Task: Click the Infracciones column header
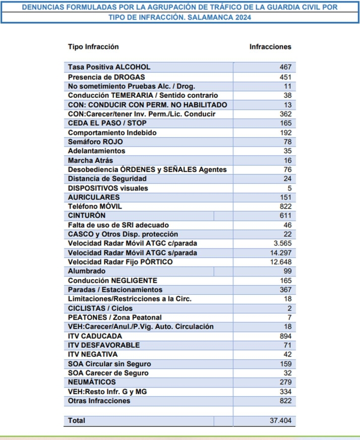tap(270, 47)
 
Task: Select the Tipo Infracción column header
tap(93, 47)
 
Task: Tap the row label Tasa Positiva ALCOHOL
tap(109, 67)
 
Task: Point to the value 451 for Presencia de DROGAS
tap(286, 77)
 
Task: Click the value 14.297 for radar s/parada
tap(279, 253)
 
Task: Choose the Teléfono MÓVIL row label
tap(95, 207)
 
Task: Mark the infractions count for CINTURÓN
tap(286, 216)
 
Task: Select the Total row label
tap(77, 420)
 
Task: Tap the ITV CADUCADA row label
tap(95, 336)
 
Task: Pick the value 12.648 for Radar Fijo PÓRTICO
tap(279, 262)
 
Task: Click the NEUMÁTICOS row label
tap(92, 382)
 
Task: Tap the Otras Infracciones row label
tap(99, 401)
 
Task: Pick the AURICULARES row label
tap(94, 197)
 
